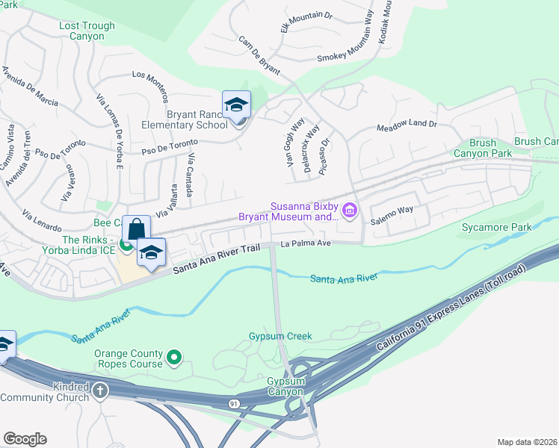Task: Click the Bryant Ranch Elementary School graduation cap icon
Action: [236, 105]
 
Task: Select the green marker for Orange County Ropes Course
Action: [174, 358]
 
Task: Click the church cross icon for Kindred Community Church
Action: [100, 391]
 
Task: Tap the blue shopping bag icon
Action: [136, 228]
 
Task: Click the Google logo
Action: [25, 439]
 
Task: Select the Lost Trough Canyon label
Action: [87, 31]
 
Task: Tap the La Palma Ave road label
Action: [306, 243]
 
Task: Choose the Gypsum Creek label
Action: [279, 337]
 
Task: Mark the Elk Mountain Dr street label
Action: [306, 17]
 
